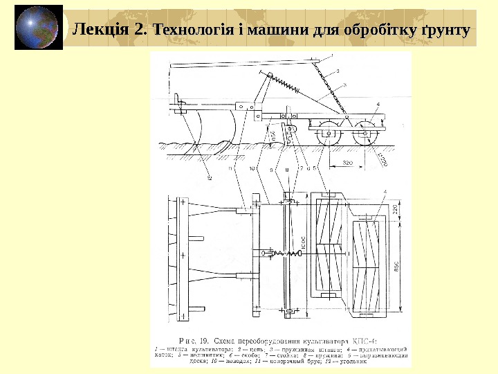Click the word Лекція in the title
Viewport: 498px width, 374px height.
(x=100, y=30)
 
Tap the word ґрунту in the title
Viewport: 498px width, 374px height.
(x=443, y=30)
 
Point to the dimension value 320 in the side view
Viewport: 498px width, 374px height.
(x=350, y=163)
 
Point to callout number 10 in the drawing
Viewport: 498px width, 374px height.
(x=252, y=168)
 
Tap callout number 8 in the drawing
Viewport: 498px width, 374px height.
(x=286, y=168)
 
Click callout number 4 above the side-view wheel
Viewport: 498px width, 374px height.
(x=378, y=104)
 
